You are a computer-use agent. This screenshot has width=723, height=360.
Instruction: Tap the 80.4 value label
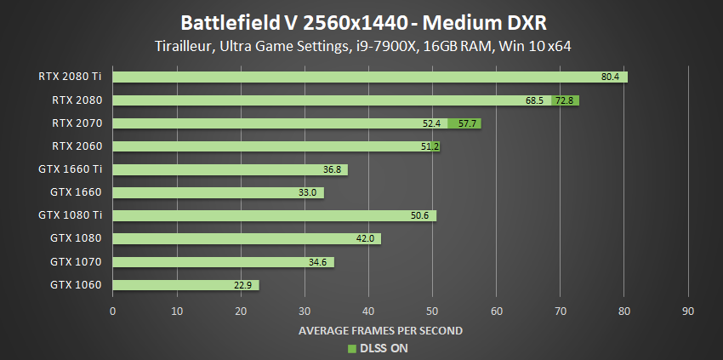610,77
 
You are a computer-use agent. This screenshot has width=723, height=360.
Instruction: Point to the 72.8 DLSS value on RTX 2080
565,100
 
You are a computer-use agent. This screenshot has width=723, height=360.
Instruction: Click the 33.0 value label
307,193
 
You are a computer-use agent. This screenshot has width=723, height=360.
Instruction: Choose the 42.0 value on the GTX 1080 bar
365,239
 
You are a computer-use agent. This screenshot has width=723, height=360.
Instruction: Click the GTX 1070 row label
77,262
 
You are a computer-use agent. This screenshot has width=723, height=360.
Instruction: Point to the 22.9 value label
242,285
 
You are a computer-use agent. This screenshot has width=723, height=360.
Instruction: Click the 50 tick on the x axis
432,311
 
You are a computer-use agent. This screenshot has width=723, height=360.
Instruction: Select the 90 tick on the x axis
688,311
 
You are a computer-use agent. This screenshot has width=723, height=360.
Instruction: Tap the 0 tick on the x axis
113,311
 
